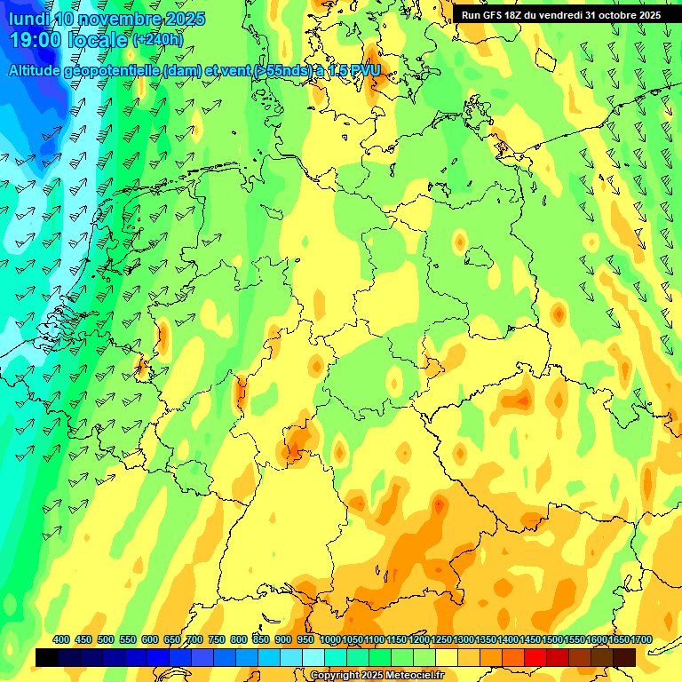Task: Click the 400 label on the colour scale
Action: click(61, 640)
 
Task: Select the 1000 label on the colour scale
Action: click(329, 640)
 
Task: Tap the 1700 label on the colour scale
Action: click(642, 640)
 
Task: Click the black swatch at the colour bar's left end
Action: click(47, 657)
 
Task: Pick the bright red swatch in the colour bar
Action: click(535, 657)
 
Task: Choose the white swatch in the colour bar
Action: click(313, 657)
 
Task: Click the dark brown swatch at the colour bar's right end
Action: click(624, 657)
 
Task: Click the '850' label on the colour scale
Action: click(261, 640)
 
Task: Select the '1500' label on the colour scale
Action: click(552, 640)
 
